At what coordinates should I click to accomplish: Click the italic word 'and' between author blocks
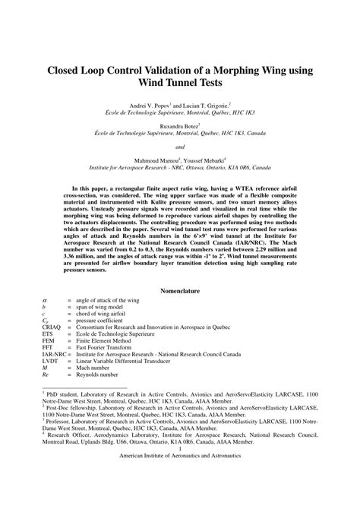[x=180, y=146]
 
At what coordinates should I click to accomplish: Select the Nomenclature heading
[x=180, y=290]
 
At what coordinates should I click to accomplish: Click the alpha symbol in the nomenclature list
[x=44, y=302]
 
